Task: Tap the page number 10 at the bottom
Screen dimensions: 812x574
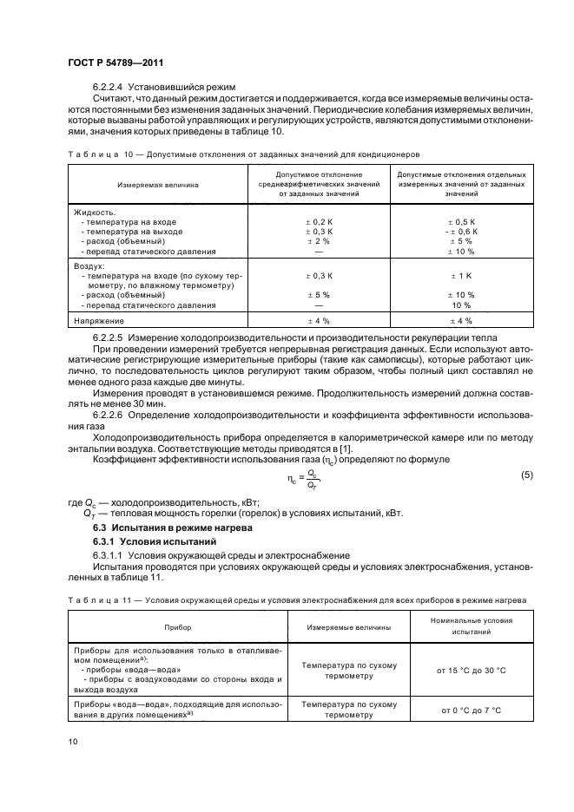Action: [72, 740]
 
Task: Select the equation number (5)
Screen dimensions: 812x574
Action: [526, 475]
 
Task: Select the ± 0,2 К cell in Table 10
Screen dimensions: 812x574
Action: [320, 222]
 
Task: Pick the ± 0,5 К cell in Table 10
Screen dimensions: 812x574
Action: [459, 222]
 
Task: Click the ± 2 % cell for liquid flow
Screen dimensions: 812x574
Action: [320, 241]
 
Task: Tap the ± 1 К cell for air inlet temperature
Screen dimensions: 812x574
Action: [459, 276]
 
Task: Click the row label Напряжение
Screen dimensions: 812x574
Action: [99, 321]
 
